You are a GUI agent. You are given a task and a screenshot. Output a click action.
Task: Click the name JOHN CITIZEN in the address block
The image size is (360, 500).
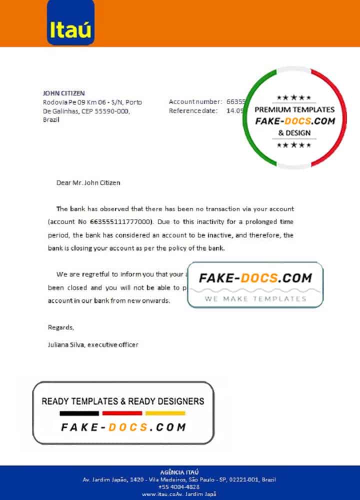64,93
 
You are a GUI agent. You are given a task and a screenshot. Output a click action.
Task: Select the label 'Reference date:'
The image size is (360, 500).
193,111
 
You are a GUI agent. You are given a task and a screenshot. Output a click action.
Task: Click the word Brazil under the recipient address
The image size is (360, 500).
51,120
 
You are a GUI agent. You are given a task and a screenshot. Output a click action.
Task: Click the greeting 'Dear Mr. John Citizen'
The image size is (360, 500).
88,182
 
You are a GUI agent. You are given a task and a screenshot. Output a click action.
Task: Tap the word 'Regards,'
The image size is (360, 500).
60,327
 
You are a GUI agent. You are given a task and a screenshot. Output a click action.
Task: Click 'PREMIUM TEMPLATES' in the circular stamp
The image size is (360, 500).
294,109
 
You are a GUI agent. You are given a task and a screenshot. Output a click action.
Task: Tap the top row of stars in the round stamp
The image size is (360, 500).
294,97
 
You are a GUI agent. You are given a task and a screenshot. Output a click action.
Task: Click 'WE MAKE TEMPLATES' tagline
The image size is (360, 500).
255,298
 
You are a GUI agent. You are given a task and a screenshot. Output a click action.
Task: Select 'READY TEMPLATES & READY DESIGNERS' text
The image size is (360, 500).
122,401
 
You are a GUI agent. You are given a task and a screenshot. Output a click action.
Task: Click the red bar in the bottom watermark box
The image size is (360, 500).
122,413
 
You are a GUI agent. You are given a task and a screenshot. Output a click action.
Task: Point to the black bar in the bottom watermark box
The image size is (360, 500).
79,413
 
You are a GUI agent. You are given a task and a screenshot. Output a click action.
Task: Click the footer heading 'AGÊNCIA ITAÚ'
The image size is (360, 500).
179,472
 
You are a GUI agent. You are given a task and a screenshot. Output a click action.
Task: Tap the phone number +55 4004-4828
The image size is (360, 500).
179,486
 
